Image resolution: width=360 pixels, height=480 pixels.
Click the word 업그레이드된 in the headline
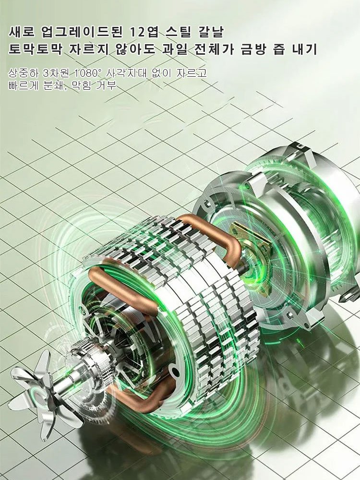click(x=81, y=32)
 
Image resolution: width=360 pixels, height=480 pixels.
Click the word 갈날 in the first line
click(x=212, y=32)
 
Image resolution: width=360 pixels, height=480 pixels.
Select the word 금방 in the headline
click(x=253, y=49)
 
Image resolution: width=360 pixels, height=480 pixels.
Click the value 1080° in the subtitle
click(x=88, y=73)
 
